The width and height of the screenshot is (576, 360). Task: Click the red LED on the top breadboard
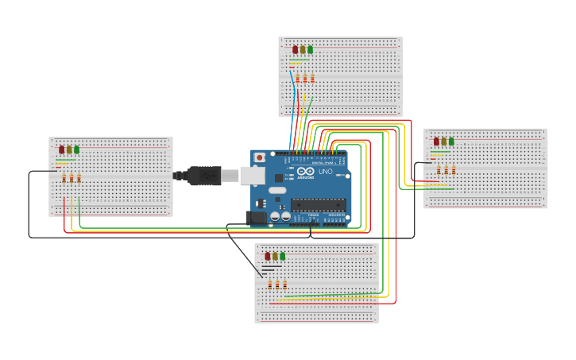(x=296, y=49)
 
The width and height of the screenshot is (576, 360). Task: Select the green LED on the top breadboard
(x=310, y=49)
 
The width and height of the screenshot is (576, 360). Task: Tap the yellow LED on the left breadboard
(x=69, y=149)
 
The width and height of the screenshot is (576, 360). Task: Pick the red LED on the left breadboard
(x=62, y=149)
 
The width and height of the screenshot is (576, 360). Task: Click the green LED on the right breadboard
(x=451, y=141)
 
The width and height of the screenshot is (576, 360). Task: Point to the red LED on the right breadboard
(x=436, y=141)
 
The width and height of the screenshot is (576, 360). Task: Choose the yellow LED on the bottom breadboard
(x=275, y=256)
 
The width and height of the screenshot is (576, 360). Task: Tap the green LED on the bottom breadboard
(x=282, y=256)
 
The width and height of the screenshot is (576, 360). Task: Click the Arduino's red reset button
(x=259, y=157)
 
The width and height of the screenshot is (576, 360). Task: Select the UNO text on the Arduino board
(x=326, y=172)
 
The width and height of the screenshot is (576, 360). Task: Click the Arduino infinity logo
(x=306, y=171)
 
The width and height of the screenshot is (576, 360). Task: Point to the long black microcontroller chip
(x=318, y=204)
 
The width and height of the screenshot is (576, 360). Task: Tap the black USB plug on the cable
(x=204, y=176)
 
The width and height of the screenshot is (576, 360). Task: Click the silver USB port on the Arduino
(x=253, y=175)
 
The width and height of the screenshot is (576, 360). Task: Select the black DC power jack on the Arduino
(x=257, y=217)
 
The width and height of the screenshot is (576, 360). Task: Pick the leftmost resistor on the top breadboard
(x=297, y=78)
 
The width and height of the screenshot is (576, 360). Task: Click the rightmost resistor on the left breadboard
(x=79, y=178)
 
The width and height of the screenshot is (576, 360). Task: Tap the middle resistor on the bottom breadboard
(x=277, y=285)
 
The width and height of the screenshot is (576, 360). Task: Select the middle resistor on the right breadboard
(x=446, y=170)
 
